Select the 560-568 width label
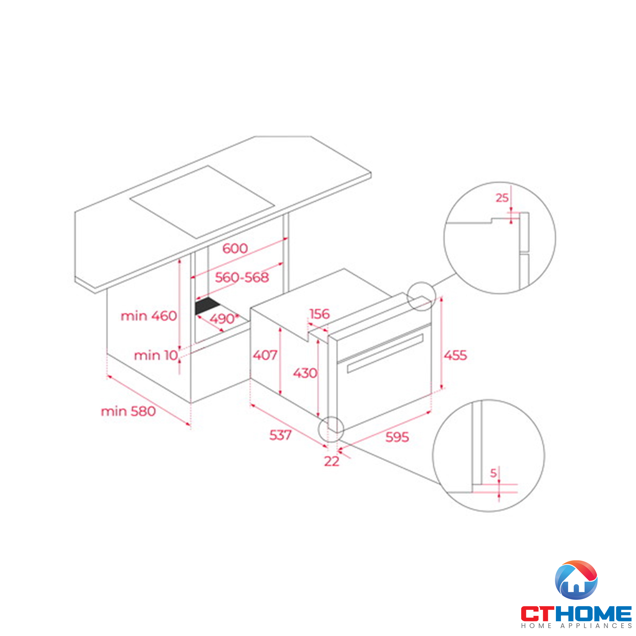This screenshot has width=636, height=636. [x=242, y=278]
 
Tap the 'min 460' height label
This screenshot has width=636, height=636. [x=149, y=316]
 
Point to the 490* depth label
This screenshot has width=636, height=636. [x=224, y=319]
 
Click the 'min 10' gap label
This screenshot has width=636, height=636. [x=156, y=356]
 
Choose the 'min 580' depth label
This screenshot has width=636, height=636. [x=128, y=411]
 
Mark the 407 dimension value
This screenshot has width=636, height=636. [x=265, y=355]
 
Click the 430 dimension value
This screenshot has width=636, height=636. [x=305, y=373]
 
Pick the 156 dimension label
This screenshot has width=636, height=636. [x=319, y=314]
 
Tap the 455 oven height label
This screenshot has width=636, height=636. [x=455, y=356]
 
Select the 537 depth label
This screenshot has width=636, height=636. [x=280, y=435]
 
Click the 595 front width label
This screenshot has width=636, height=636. [x=397, y=437]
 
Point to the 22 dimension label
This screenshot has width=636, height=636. [x=331, y=461]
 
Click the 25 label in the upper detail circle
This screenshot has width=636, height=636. [x=502, y=198]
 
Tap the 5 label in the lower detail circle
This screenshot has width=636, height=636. [x=493, y=474]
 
